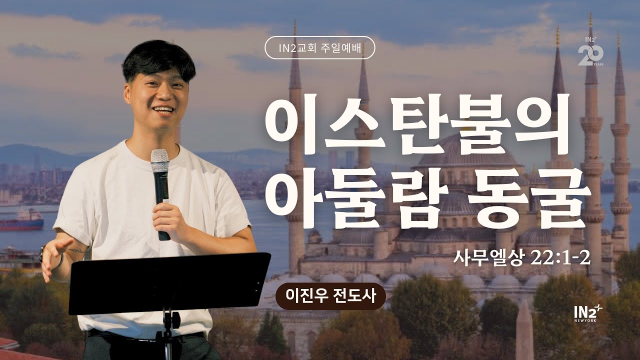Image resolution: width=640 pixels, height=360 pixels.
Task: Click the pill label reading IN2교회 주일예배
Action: tap(319, 48)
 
